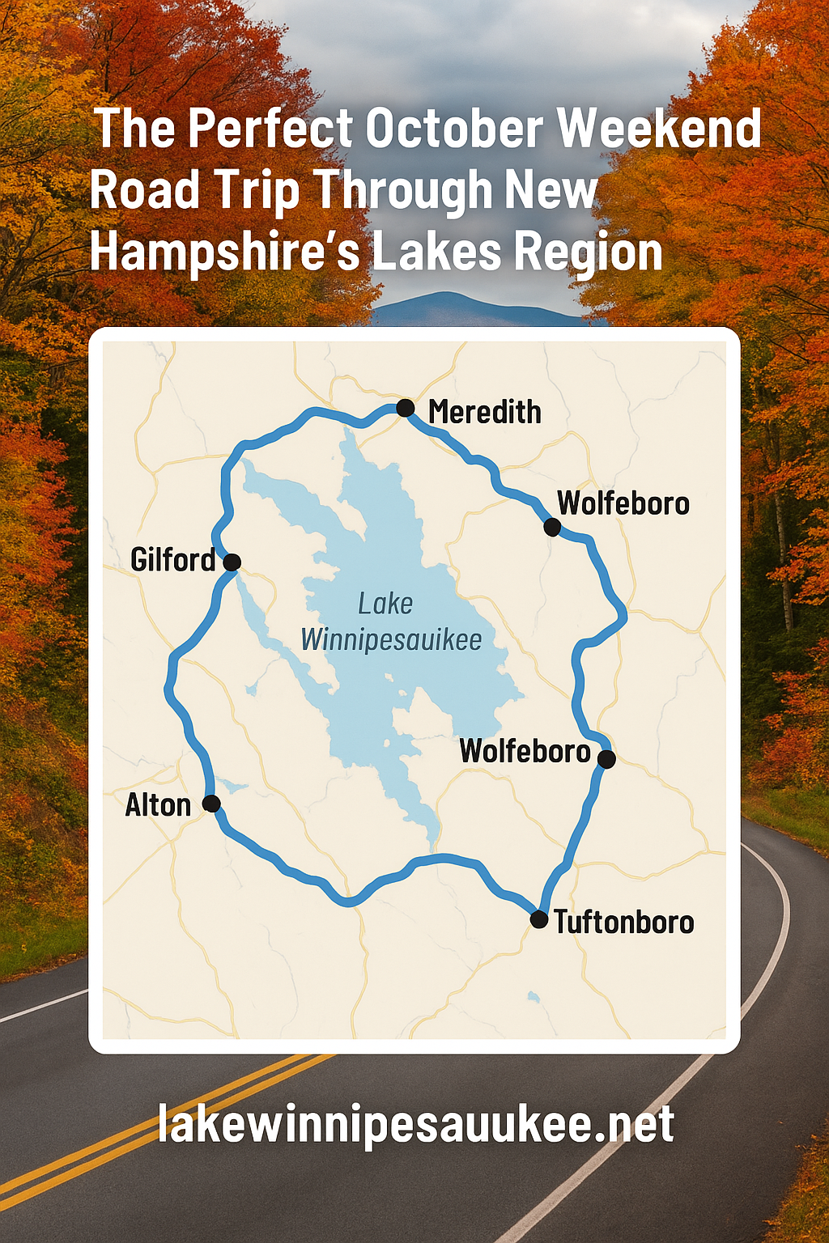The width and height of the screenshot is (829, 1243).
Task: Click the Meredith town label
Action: click(x=484, y=412)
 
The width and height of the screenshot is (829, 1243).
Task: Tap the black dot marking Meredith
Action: click(x=406, y=408)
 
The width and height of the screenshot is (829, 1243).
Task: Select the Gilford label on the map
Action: click(x=173, y=560)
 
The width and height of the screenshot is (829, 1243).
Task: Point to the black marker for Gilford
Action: click(x=232, y=562)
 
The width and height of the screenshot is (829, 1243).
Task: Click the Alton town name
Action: click(x=158, y=805)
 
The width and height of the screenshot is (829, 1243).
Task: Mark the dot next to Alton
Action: click(x=211, y=804)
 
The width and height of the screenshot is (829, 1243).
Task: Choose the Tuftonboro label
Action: click(x=623, y=922)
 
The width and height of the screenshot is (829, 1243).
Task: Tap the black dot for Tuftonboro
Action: click(x=539, y=919)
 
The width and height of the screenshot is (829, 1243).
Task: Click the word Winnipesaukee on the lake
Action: click(x=391, y=640)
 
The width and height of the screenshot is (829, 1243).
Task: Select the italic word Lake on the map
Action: click(x=385, y=604)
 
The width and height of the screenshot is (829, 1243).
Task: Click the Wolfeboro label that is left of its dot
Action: click(x=525, y=751)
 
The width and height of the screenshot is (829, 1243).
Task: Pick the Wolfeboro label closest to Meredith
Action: click(x=623, y=503)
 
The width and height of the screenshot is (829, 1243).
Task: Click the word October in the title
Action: click(x=454, y=129)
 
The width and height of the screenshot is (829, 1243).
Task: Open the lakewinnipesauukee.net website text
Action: click(x=415, y=1124)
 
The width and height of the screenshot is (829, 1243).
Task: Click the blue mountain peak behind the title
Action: click(x=453, y=303)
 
